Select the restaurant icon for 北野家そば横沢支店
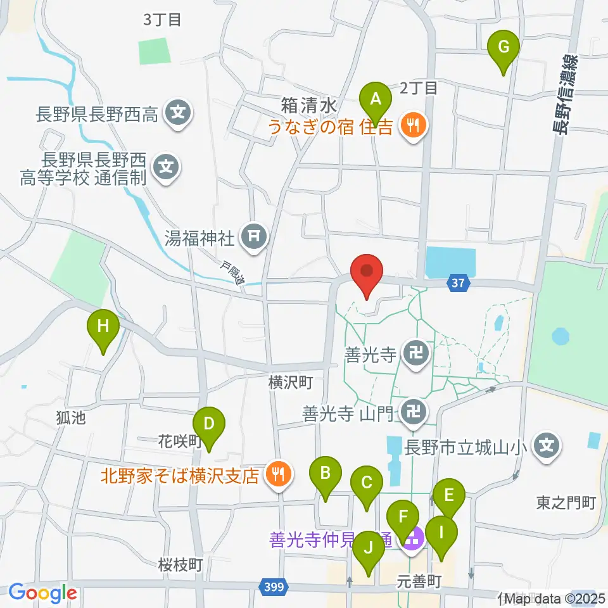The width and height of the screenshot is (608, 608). pos(277,472)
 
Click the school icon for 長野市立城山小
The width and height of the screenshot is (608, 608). pos(547,447)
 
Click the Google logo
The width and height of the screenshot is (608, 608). pos(42,593)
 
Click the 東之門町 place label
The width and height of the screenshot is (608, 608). pos(566,503)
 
